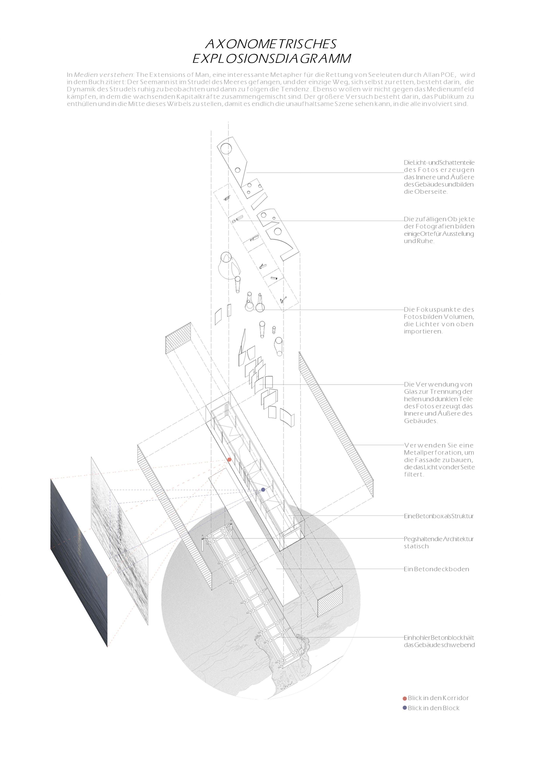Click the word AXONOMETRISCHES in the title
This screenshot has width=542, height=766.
click(271, 44)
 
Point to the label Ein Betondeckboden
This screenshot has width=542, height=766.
click(436, 569)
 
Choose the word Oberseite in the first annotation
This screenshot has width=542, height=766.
click(431, 192)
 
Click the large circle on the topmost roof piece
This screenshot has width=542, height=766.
click(226, 148)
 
